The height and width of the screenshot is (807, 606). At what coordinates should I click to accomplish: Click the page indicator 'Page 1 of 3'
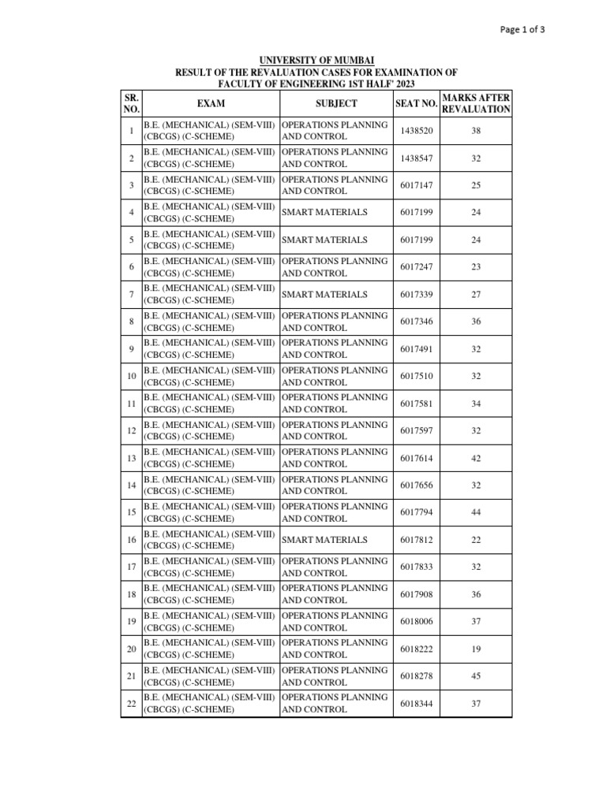523,30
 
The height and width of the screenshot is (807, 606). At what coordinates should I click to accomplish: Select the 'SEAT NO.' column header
416,103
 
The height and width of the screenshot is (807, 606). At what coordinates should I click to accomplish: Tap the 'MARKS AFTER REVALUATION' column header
476,103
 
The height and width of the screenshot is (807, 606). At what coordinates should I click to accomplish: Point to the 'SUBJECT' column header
336,103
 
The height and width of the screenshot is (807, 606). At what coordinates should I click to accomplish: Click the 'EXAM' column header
211,103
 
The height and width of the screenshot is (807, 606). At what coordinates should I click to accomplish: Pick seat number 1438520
416,131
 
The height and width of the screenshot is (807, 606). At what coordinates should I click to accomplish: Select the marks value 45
476,676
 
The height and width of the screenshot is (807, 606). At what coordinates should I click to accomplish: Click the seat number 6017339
416,295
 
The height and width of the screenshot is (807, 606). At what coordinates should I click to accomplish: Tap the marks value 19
476,649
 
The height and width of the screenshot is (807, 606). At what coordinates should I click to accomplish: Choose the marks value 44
476,512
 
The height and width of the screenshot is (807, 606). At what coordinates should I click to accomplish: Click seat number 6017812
416,540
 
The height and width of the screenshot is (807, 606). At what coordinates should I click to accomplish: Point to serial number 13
131,458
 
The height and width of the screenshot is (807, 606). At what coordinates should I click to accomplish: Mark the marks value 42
476,458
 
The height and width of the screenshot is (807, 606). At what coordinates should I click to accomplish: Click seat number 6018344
416,703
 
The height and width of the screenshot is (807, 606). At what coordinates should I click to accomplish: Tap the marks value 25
476,185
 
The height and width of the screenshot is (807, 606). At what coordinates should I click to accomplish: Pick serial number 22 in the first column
131,703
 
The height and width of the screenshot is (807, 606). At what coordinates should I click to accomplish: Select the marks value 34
476,403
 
